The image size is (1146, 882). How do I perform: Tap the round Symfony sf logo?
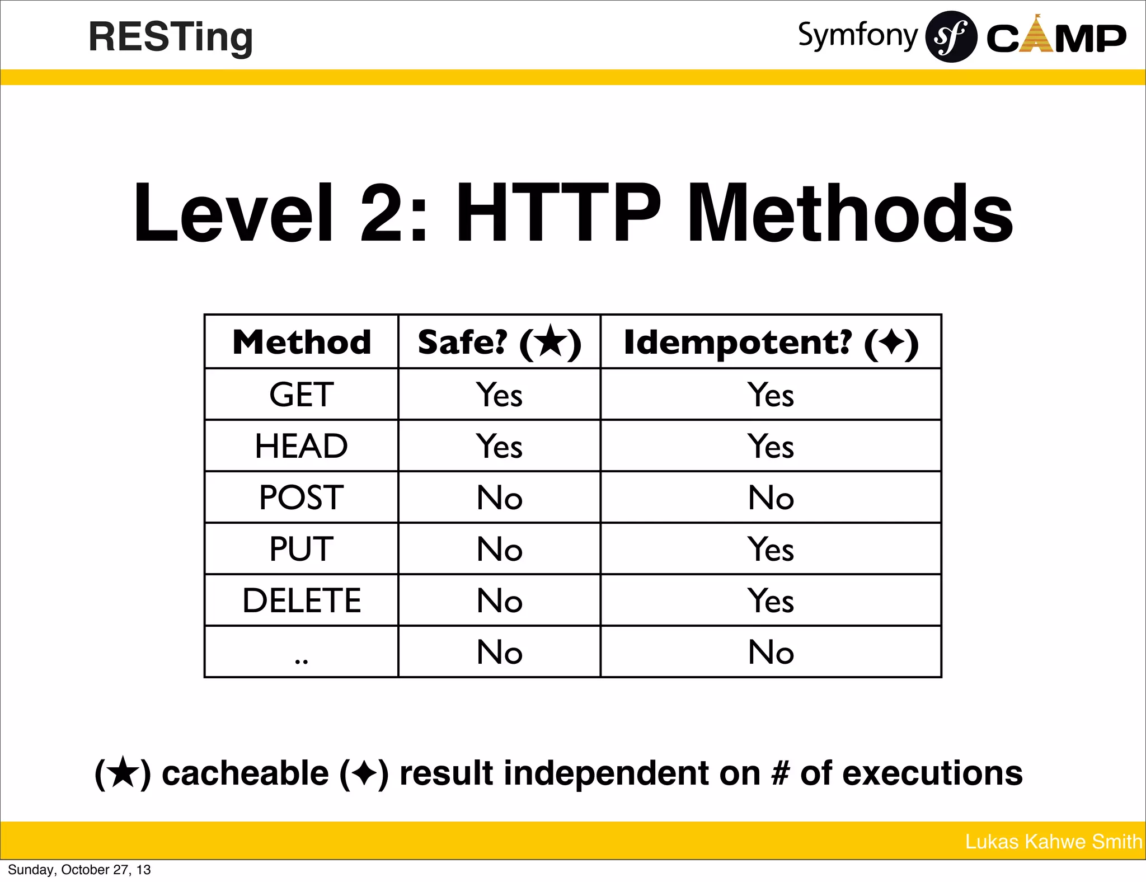click(x=951, y=37)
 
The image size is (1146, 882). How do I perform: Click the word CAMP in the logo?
click(x=1055, y=38)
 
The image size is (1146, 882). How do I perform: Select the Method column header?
click(x=302, y=342)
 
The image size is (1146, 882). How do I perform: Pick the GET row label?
click(x=302, y=395)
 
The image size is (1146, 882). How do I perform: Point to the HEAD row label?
click(x=302, y=446)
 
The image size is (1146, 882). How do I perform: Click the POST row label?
click(x=302, y=498)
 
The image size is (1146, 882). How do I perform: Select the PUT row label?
click(x=302, y=549)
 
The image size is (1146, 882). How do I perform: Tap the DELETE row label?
click(x=302, y=600)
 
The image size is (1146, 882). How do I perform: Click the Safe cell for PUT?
click(x=499, y=549)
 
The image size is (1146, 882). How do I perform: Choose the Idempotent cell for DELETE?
click(x=771, y=600)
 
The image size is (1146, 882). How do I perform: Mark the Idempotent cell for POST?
click(x=771, y=498)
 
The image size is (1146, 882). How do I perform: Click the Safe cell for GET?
click(x=499, y=395)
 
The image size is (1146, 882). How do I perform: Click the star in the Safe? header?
click(x=551, y=341)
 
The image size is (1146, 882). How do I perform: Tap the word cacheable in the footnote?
click(x=245, y=773)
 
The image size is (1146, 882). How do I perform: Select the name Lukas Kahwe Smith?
click(x=1053, y=842)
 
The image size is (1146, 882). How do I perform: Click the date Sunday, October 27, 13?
click(x=79, y=870)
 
